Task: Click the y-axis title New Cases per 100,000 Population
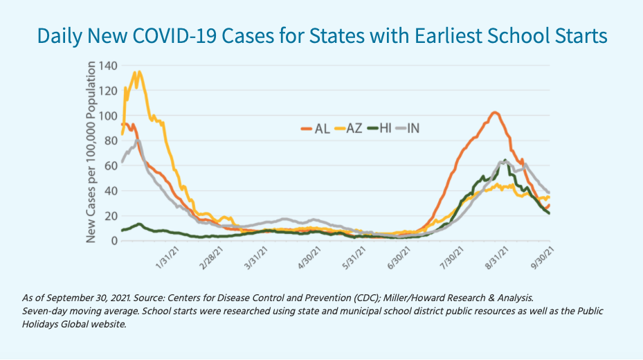[x=91, y=153]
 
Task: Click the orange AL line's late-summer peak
[x=494, y=112]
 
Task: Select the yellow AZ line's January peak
[x=138, y=71]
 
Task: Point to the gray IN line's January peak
[x=138, y=141]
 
